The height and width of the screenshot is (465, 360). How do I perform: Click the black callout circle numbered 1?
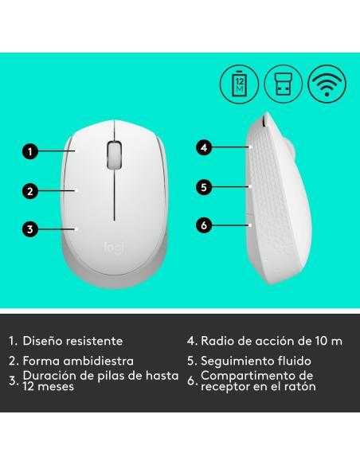29,150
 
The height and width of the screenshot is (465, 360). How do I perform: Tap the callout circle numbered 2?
29,190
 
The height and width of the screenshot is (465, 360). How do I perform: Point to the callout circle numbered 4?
205,147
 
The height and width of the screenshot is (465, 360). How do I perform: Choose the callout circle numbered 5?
205,187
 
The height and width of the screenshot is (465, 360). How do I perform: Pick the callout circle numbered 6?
205,225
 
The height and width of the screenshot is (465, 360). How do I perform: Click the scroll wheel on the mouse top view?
114,154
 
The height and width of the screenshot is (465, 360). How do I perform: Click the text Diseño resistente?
72,340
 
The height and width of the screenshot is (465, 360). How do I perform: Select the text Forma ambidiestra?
76,361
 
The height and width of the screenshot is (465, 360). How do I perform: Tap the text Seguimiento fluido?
256,361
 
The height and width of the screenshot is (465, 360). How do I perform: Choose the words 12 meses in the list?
49,387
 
